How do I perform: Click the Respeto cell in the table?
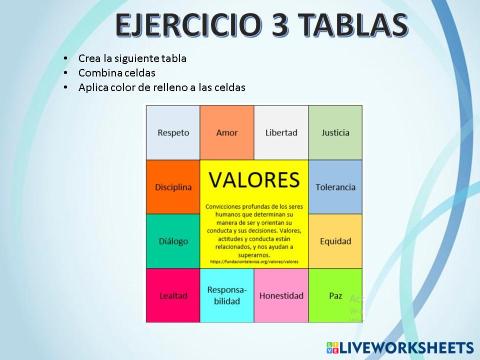(173, 132)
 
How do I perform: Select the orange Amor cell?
(227, 132)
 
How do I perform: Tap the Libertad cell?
(281, 132)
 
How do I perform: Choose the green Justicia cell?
(335, 132)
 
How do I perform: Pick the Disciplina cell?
(173, 187)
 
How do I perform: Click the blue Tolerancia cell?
(335, 187)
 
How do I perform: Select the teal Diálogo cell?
(173, 241)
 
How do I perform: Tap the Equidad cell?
(335, 241)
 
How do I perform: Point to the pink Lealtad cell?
(173, 295)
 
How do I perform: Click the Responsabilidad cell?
(227, 295)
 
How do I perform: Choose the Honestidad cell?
(281, 295)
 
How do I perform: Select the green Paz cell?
(335, 295)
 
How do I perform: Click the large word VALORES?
(254, 180)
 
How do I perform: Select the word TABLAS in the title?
(350, 26)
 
